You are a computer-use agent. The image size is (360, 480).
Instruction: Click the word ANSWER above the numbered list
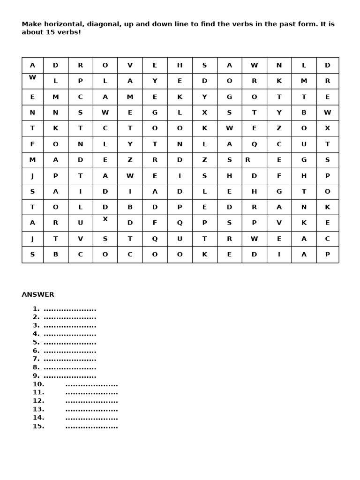(x=38, y=295)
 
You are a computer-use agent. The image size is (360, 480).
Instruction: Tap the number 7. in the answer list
(x=36, y=359)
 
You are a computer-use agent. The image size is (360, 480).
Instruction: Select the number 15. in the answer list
(x=38, y=426)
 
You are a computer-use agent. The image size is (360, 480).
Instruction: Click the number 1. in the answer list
(x=36, y=309)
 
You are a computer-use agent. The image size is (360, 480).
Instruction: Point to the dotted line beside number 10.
(x=91, y=385)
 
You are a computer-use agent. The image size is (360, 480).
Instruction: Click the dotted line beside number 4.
(x=70, y=334)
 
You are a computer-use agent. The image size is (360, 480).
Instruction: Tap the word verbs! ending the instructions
(x=69, y=32)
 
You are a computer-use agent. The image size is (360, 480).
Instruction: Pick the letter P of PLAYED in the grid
(x=80, y=81)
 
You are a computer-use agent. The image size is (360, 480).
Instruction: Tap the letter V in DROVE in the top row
(x=130, y=66)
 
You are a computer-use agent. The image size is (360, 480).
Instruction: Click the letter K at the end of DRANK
(x=327, y=207)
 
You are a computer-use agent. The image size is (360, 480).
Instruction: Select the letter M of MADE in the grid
(x=32, y=160)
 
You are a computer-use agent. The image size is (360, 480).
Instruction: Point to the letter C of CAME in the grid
(x=80, y=97)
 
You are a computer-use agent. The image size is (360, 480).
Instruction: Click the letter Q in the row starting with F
(x=254, y=144)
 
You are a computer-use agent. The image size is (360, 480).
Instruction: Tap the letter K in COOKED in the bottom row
(x=204, y=255)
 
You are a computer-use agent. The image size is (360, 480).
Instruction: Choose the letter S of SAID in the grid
(x=32, y=192)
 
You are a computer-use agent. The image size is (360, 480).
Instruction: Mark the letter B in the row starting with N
(x=304, y=112)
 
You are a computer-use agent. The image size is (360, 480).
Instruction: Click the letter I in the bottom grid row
(x=279, y=255)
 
